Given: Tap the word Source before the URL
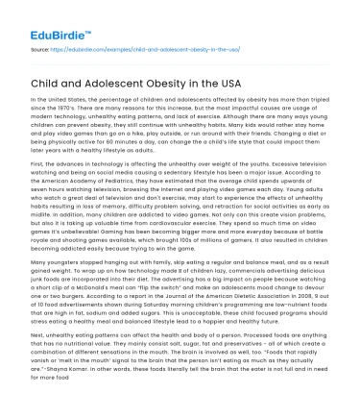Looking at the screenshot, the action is [x=41, y=46].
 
